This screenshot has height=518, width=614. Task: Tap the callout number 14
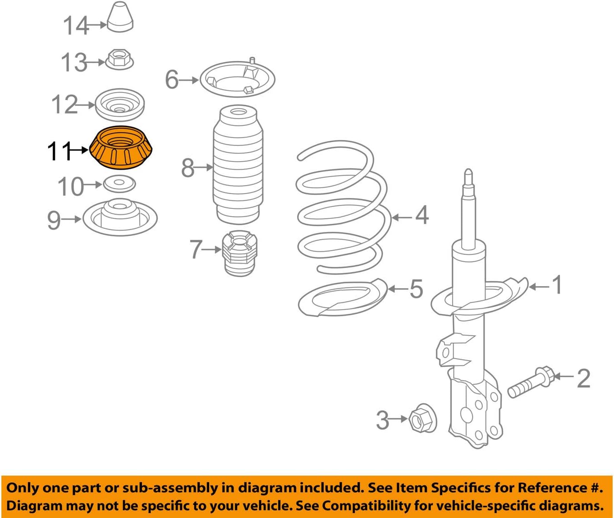(75, 26)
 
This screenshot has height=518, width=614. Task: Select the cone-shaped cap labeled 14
(120, 18)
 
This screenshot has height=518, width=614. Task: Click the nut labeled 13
(119, 60)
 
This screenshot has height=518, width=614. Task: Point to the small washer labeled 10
(119, 184)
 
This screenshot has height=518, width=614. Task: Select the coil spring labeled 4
(343, 208)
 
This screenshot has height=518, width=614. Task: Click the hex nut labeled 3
(421, 418)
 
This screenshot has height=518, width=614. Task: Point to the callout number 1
(558, 285)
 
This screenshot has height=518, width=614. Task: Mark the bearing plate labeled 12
(119, 106)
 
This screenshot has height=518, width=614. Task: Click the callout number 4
(422, 215)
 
